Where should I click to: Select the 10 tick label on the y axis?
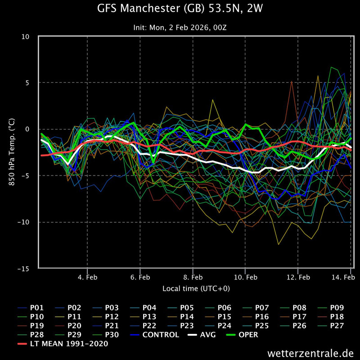26,36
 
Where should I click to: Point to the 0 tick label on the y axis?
28,129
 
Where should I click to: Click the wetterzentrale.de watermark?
310,352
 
